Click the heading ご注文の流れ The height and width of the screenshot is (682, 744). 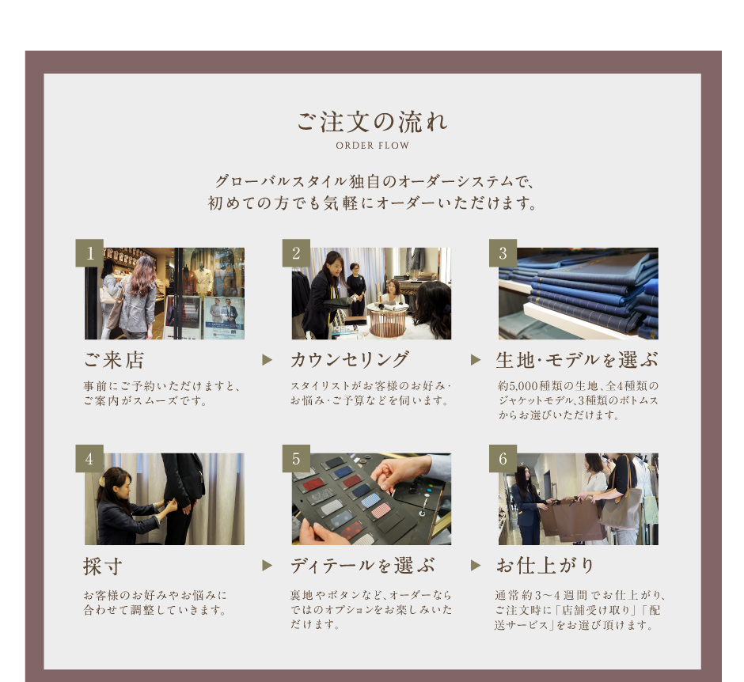tap(372, 122)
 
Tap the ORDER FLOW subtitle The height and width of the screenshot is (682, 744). tap(373, 146)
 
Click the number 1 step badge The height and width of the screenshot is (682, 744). tap(89, 253)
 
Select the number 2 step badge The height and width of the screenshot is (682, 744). tap(296, 253)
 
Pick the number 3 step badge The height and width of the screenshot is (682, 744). tap(503, 253)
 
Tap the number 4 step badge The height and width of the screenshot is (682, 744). tap(89, 459)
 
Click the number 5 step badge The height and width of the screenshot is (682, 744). tap(296, 459)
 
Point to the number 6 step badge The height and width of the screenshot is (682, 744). tap(503, 459)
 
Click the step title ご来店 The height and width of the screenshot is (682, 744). tap(114, 360)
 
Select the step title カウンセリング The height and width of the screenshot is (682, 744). tap(350, 360)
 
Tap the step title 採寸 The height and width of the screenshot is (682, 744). tap(103, 566)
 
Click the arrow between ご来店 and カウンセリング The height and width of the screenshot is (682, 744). tap(268, 360)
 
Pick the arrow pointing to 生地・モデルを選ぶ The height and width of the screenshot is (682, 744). tap(476, 360)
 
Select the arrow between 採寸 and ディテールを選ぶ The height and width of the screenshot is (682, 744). tap(268, 566)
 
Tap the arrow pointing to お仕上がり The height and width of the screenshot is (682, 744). tap(476, 566)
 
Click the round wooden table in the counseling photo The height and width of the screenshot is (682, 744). tap(388, 320)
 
